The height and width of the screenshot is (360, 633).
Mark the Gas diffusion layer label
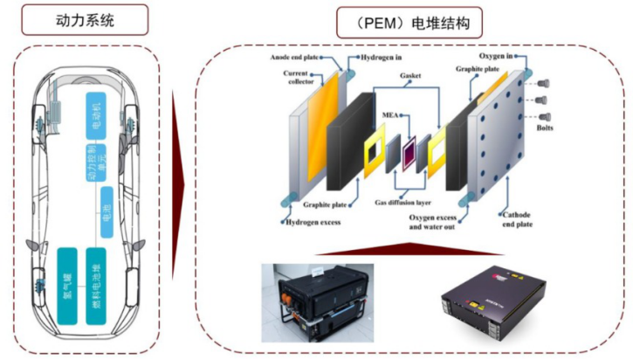[x=404, y=202]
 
